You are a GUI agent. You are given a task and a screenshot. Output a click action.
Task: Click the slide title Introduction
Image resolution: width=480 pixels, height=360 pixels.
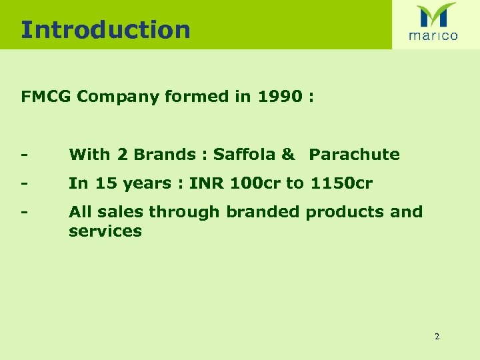pos(105,30)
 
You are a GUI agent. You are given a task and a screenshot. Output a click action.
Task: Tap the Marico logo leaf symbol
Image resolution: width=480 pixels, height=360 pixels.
pos(435,15)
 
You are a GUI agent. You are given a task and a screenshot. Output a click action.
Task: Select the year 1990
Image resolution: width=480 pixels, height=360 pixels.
pos(276,97)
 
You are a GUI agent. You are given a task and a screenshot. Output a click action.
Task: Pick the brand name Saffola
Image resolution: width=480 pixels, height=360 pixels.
pos(244,155)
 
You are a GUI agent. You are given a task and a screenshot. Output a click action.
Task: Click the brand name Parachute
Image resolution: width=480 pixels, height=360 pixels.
pos(354,155)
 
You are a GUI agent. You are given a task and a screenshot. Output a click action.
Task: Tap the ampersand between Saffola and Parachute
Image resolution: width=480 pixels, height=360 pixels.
pos(288,155)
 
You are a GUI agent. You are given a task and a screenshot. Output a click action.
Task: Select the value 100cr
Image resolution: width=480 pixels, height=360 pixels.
pos(250,183)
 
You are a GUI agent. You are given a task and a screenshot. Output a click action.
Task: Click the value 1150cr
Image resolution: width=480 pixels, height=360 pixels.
pos(341,183)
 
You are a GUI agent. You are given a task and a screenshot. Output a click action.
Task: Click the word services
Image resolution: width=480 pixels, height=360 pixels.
pos(105,231)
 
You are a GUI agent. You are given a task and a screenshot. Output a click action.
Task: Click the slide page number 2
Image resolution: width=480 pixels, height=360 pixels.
pos(437,337)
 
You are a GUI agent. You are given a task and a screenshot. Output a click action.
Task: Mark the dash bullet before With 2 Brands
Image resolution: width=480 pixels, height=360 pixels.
pos(24,155)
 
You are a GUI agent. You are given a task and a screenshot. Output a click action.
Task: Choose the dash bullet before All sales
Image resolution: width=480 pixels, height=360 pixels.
pos(24,213)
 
